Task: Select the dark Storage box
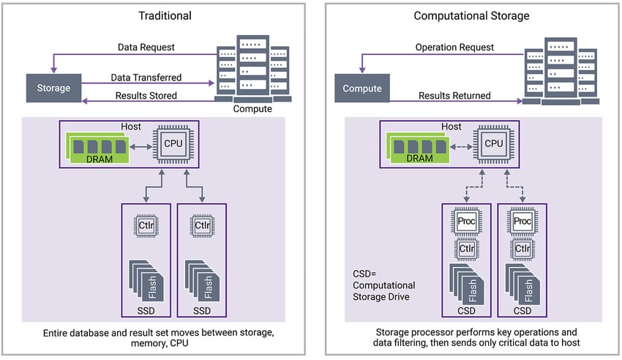pos(53,88)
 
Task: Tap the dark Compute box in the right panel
pos(362,89)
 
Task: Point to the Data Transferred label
pos(146,77)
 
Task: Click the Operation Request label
pos(454,48)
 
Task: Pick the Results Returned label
pos(454,96)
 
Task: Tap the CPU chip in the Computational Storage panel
pos(492,143)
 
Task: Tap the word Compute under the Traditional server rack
pos(252,110)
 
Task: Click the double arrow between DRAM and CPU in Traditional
pos(139,144)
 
